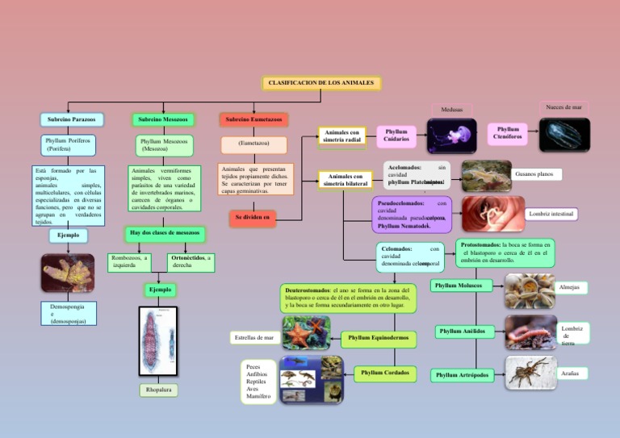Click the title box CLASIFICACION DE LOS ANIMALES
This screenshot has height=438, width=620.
pos(321,82)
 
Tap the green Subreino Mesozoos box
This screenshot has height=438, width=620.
pos(163,119)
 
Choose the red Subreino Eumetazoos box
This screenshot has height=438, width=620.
pos(253,119)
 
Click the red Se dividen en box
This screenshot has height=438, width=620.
pos(253,218)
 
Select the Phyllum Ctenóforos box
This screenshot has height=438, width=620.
pos(509,133)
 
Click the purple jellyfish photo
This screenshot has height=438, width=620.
pos(451,136)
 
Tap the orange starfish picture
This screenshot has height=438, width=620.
pos(305,332)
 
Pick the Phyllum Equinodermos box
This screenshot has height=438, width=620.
pos(379,336)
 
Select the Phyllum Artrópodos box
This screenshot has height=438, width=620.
pos(462,375)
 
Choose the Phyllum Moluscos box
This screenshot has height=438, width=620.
pos(463,286)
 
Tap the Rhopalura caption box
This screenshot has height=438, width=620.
pos(159,391)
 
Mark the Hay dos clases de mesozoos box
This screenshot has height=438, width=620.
pos(165,234)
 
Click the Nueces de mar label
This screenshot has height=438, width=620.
pos(563,107)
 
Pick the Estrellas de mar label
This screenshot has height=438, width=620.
pos(253,337)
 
